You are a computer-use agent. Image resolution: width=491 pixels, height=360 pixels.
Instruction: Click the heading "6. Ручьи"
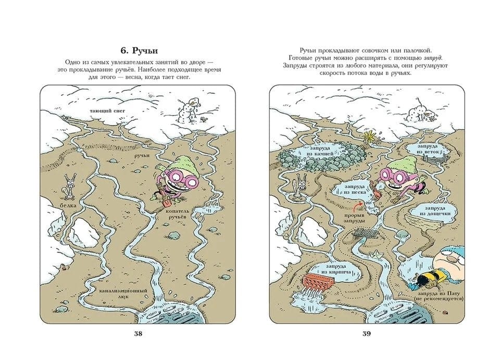(139, 51)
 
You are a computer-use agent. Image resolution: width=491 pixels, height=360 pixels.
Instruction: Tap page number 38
(138, 333)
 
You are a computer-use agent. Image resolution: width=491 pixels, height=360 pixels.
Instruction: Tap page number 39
(367, 333)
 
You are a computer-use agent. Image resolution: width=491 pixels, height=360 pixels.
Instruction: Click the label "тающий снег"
(107, 111)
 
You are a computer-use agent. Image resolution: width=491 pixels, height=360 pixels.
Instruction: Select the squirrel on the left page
(70, 187)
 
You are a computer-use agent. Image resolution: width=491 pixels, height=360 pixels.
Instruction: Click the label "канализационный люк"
(123, 294)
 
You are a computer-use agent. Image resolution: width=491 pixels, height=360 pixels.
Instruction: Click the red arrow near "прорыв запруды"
(357, 206)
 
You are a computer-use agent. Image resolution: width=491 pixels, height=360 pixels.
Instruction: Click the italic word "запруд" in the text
(433, 58)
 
